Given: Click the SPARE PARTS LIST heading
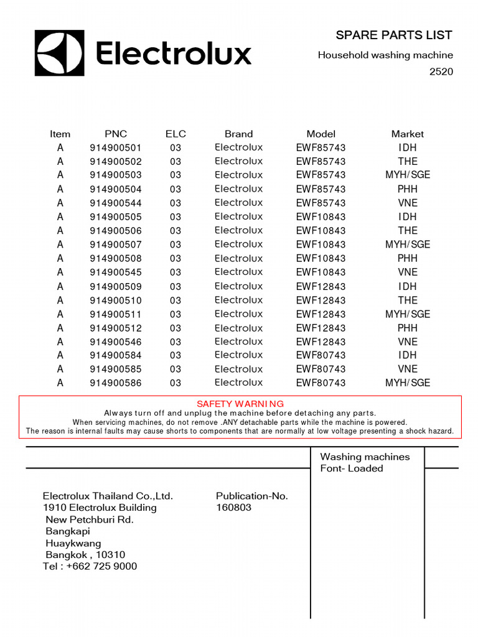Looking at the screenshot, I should pyautogui.click(x=393, y=35).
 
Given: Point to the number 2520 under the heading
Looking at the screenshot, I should pyautogui.click(x=441, y=72).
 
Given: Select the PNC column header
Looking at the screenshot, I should pyautogui.click(x=116, y=134).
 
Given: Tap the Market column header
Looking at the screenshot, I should pyautogui.click(x=407, y=134).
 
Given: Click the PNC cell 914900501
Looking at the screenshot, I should pyautogui.click(x=116, y=148).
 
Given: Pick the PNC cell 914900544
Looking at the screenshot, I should pyautogui.click(x=116, y=203).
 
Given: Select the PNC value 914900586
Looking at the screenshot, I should pyautogui.click(x=116, y=383).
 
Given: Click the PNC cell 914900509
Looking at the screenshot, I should pyautogui.click(x=116, y=287).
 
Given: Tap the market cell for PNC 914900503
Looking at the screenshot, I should pyautogui.click(x=407, y=175).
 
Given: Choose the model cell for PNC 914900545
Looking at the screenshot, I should pyautogui.click(x=321, y=272).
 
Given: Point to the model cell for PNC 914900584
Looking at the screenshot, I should pyautogui.click(x=321, y=356).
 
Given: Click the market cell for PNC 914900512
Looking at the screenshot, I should pyautogui.click(x=407, y=328).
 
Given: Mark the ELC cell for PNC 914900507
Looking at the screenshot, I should pyautogui.click(x=176, y=244).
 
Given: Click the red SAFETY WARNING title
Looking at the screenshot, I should pyautogui.click(x=240, y=404).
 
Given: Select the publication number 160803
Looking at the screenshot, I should pyautogui.click(x=233, y=508).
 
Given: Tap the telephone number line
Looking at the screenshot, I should pyautogui.click(x=90, y=566).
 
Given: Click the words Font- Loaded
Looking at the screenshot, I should pyautogui.click(x=352, y=468).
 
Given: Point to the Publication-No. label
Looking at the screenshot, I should pyautogui.click(x=251, y=496).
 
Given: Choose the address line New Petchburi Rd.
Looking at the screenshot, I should pyautogui.click(x=90, y=519).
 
